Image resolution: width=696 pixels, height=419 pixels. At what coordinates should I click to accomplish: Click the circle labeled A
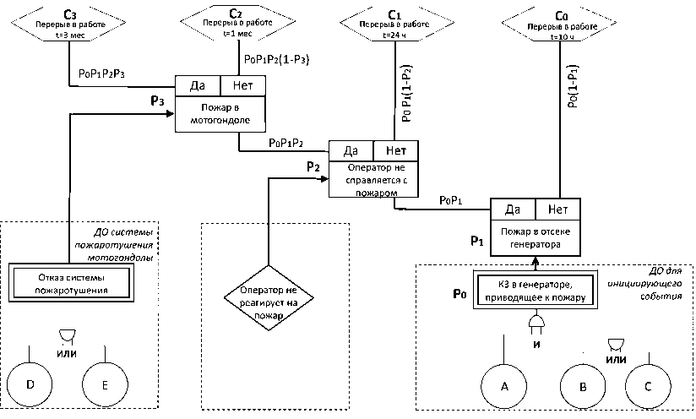(504, 386)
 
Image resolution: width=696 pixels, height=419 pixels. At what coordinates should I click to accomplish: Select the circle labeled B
(584, 386)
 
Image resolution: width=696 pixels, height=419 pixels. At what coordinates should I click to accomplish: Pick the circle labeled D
(30, 384)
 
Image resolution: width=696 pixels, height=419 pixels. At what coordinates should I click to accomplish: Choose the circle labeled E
(105, 384)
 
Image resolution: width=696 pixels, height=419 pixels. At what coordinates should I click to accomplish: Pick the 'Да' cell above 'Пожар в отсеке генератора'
(512, 209)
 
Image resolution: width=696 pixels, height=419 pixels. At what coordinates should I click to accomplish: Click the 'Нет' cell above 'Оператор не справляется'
(395, 151)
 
